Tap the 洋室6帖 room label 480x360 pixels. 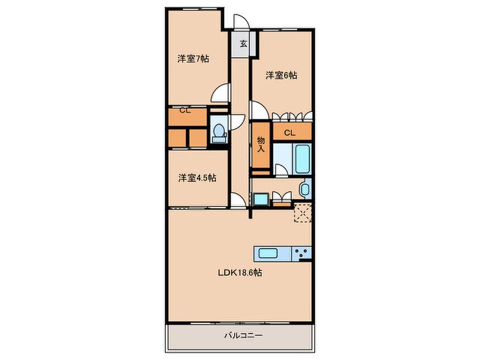(x=282, y=76)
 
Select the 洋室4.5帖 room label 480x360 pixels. (x=197, y=178)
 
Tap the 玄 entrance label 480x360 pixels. (x=242, y=43)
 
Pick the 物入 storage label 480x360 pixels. (x=261, y=145)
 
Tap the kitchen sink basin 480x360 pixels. (x=269, y=253)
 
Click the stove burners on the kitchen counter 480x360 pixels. (x=301, y=253)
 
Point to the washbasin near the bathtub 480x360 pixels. (x=305, y=189)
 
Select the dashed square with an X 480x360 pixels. (x=301, y=213)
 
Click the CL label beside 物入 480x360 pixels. (x=289, y=133)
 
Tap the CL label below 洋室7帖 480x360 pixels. (x=184, y=111)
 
